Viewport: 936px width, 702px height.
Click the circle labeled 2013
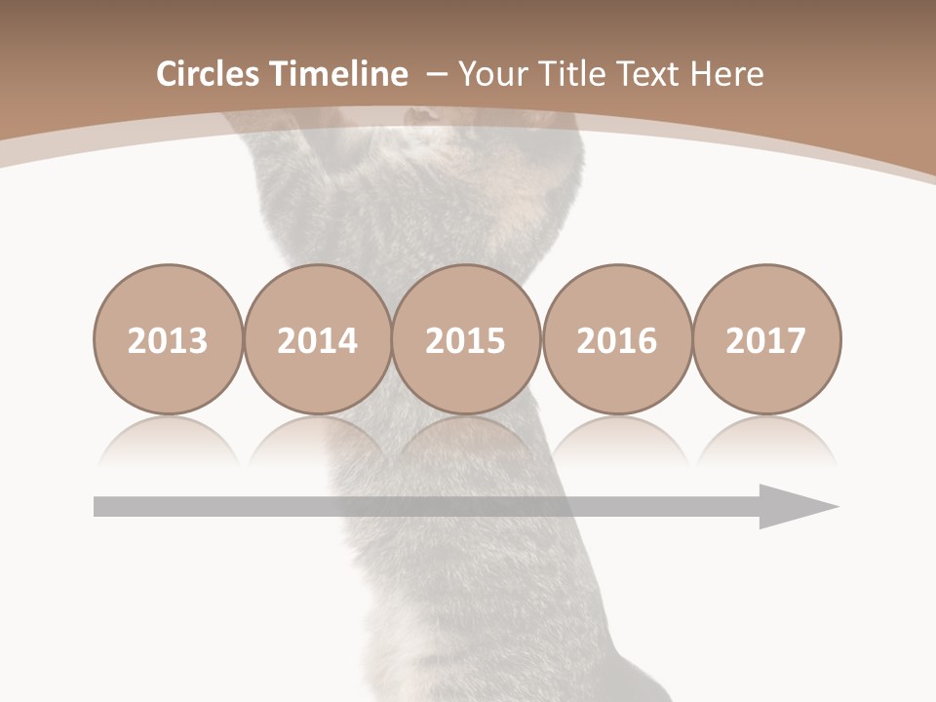point(168,339)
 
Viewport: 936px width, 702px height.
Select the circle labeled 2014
point(318,339)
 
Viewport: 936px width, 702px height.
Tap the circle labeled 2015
point(466,339)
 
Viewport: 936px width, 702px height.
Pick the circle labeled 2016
point(616,339)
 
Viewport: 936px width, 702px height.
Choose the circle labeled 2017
point(765,339)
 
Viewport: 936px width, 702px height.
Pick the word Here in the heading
point(726,74)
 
